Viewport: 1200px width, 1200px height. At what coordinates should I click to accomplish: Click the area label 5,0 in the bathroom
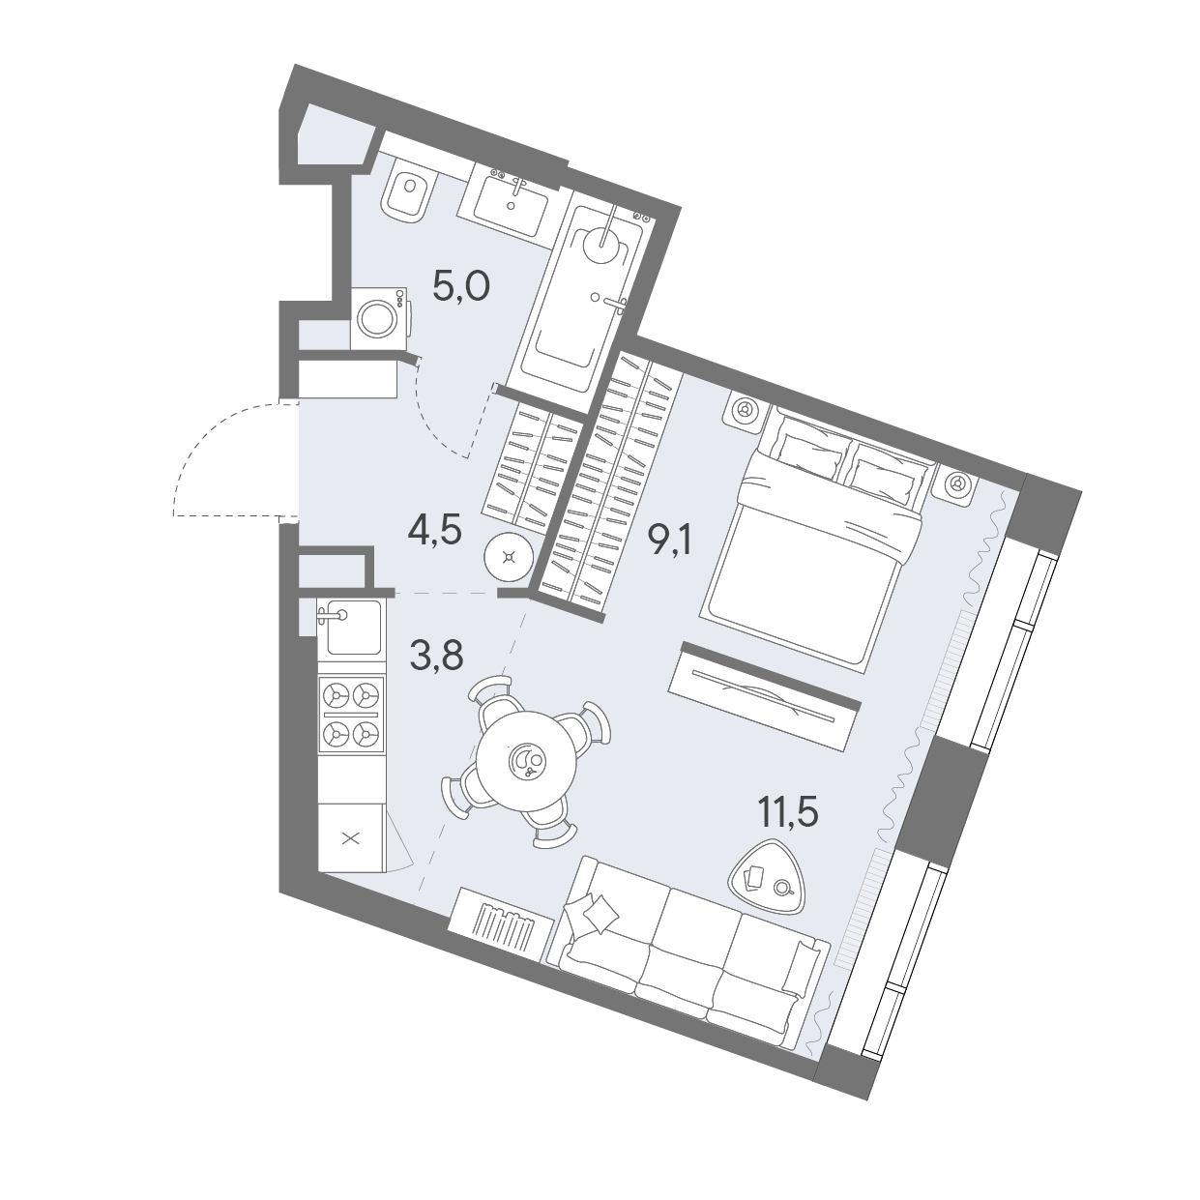461,288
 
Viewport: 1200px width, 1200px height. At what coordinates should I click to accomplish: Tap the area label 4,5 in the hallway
434,533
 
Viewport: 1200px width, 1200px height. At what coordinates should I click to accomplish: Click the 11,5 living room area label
786,812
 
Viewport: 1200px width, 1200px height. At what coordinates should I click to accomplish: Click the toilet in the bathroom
407,193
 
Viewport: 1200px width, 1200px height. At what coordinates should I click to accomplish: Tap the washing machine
380,317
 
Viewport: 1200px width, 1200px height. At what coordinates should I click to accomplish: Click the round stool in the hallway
510,556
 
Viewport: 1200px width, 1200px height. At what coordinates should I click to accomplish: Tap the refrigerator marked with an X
351,838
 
